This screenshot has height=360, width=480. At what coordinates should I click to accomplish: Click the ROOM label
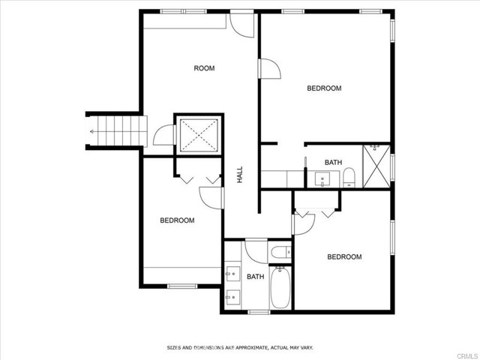click(x=204, y=68)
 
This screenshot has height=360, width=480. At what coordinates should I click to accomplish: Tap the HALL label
click(x=240, y=175)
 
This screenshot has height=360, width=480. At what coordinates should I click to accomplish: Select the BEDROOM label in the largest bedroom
click(x=324, y=88)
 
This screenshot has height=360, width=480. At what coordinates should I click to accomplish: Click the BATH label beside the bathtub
click(x=255, y=277)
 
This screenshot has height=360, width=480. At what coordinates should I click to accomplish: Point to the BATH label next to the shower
click(x=333, y=162)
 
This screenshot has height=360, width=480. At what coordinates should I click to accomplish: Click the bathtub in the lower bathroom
click(x=280, y=287)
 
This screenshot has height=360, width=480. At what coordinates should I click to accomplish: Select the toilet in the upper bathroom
click(x=349, y=177)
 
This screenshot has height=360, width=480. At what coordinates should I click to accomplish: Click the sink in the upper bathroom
click(x=322, y=178)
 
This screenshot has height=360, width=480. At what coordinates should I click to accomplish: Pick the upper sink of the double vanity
click(x=232, y=274)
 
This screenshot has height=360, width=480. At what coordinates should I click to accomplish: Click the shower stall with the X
click(x=376, y=166)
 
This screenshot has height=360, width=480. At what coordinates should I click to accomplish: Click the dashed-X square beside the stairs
click(x=199, y=134)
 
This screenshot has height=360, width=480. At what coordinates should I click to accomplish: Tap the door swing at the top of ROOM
click(x=241, y=25)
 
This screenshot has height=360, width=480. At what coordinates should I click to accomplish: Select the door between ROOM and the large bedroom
click(x=270, y=68)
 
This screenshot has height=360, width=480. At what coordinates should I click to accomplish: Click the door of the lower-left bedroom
click(x=211, y=198)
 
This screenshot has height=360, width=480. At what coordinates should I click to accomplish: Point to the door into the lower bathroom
click(x=256, y=252)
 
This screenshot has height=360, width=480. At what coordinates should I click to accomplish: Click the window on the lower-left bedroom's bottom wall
click(x=182, y=286)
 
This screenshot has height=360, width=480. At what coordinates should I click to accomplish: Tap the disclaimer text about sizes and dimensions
click(x=240, y=348)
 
